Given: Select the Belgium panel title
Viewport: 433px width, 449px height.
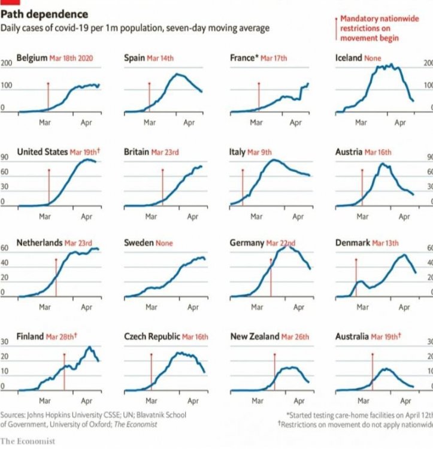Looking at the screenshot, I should tap(31, 58).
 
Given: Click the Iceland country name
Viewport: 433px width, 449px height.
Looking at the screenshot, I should tap(349, 58).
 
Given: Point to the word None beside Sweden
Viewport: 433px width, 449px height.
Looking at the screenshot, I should tap(164, 244).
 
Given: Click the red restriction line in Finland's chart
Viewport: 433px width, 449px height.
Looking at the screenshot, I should tap(64, 371).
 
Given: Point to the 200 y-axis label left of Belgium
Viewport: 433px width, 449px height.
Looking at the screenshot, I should tap(7, 63).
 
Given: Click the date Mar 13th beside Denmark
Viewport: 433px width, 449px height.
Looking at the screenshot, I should tap(386, 244).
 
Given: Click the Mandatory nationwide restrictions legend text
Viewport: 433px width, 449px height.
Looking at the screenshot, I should tap(369, 28).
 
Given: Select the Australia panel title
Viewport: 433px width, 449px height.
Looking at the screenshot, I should tap(352, 336).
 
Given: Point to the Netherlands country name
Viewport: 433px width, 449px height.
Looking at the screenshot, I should tap(39, 243).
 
